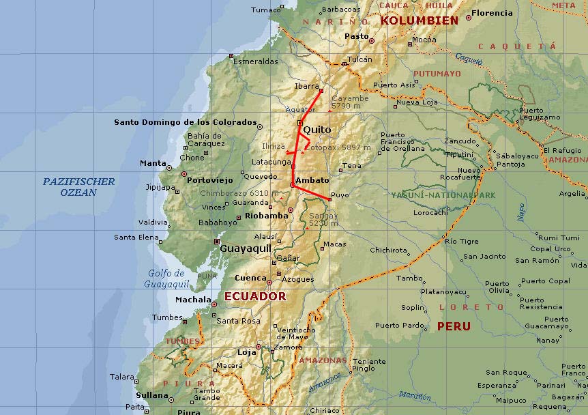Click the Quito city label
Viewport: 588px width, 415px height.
tap(317, 130)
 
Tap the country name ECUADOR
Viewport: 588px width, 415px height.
tap(255, 297)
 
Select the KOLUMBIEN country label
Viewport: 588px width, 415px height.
tap(419, 20)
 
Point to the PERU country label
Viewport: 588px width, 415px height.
tap(454, 326)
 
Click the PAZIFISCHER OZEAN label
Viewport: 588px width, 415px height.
tap(78, 187)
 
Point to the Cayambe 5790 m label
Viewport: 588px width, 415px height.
tap(350, 102)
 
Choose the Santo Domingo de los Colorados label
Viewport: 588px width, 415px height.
tap(185, 123)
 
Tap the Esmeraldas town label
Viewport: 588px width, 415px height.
tap(256, 61)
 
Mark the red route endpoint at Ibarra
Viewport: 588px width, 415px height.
tap(321, 90)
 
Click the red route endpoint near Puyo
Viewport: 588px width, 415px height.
tap(329, 200)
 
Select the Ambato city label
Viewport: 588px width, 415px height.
tap(312, 180)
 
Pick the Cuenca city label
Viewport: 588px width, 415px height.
tap(250, 278)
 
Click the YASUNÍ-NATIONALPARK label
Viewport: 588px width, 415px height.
tap(443, 195)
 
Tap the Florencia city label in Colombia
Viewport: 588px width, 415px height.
tap(492, 13)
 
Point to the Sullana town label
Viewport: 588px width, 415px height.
tap(151, 395)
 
